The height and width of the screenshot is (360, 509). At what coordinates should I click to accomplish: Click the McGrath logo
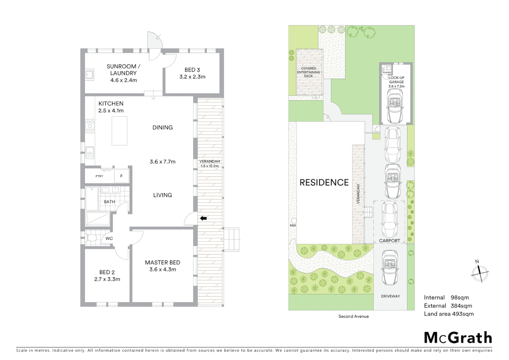pos(458,338)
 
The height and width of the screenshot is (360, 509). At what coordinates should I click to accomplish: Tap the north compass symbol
pos(480,272)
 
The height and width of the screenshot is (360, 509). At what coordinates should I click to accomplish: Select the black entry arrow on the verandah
pos(204,218)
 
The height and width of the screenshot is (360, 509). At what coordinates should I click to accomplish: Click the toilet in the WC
pos(92,238)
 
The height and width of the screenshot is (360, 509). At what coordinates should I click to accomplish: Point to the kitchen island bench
pos(119,131)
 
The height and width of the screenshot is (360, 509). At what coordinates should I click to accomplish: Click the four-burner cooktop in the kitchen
pos(90,126)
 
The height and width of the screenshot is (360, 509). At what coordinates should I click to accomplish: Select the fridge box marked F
pos(121,176)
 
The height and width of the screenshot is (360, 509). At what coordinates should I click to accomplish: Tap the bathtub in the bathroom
pos(92,199)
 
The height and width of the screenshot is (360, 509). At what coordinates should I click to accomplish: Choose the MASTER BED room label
pos(163,263)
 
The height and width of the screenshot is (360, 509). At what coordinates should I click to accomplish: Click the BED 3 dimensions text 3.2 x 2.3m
pos(192,77)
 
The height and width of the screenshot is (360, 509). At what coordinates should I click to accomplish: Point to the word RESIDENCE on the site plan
pos(324,183)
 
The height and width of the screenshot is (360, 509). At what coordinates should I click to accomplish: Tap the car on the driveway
pos(389,268)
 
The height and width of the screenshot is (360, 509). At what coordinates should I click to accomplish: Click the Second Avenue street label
pos(353,316)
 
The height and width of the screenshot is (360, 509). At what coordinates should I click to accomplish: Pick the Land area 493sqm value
pos(462,314)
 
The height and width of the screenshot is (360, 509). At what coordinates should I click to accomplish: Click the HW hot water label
pos(293,226)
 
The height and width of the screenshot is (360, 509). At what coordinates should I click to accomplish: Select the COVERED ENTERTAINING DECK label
pos(308,72)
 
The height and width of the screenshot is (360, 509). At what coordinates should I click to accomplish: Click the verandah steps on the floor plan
pos(232,239)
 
